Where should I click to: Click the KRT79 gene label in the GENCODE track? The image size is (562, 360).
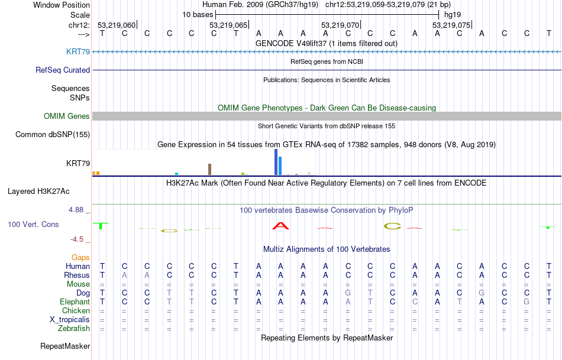[78, 52]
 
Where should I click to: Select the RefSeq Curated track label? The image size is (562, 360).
[63, 70]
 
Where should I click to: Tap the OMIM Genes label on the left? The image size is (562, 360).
[66, 116]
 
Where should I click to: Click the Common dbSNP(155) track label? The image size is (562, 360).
[52, 135]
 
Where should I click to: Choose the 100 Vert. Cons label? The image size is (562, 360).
[33, 225]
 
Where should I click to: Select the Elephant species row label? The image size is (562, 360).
[75, 302]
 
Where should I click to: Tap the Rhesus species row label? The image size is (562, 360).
[77, 275]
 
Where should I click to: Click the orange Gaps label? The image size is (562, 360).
[80, 258]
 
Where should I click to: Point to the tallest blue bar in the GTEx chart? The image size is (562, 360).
[276, 162]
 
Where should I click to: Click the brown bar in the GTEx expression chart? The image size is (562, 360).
[209, 170]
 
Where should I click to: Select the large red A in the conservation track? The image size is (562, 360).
[280, 226]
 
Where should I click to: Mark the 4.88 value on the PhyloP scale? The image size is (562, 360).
[77, 210]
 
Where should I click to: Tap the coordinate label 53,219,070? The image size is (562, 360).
[340, 25]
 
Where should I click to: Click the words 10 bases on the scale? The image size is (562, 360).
[198, 14]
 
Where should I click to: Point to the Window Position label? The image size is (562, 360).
[62, 5]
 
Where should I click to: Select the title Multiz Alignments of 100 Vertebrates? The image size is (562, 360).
[327, 249]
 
